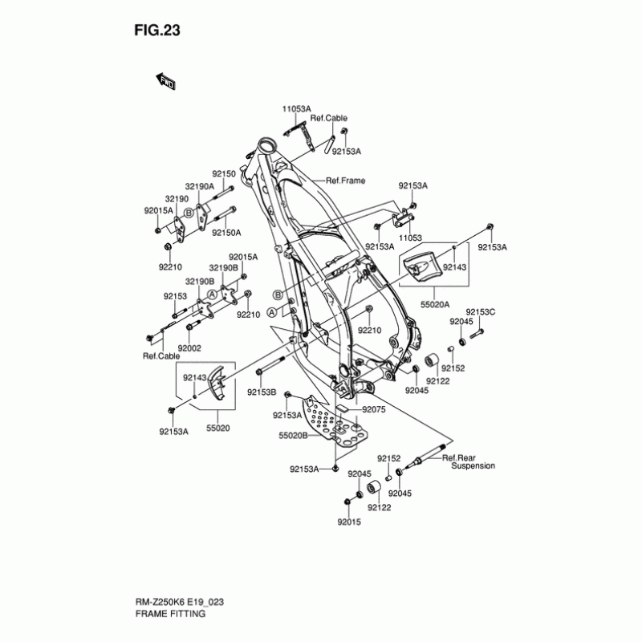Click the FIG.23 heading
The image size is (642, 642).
click(157, 31)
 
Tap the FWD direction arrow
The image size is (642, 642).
click(166, 81)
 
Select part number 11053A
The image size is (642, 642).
click(296, 108)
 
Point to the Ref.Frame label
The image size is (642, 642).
click(345, 181)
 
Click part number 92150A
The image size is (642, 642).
click(226, 233)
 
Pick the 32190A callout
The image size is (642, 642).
click(200, 185)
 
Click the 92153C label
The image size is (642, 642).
click(481, 311)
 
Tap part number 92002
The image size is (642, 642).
click(189, 347)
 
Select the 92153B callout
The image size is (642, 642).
click(262, 392)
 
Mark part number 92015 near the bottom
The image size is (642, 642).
click(349, 520)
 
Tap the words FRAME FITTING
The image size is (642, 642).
click(169, 614)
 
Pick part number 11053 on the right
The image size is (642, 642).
click(410, 238)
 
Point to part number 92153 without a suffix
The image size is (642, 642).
click(175, 296)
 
